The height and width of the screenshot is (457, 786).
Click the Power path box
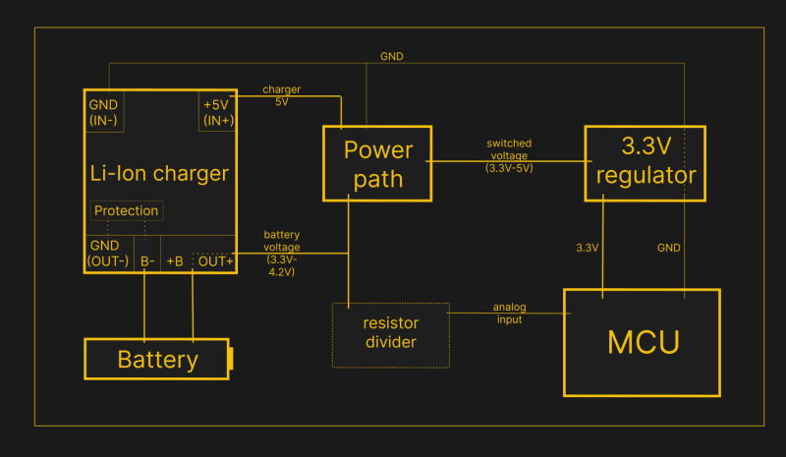(x=377, y=162)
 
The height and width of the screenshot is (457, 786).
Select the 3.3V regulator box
(x=645, y=162)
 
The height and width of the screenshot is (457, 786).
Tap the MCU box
(x=642, y=342)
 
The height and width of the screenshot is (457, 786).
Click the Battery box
(x=156, y=359)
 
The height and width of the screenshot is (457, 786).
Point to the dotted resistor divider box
(x=391, y=334)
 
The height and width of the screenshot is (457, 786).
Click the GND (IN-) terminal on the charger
(x=103, y=112)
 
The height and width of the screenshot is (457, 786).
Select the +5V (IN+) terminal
(x=218, y=112)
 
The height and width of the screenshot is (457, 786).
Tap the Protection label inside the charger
(x=126, y=210)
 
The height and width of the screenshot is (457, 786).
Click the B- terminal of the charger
(x=146, y=261)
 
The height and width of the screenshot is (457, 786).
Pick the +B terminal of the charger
(x=176, y=261)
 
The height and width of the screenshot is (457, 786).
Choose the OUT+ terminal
(x=215, y=261)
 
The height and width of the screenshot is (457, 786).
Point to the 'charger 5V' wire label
(x=281, y=95)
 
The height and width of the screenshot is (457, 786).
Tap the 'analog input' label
(x=508, y=313)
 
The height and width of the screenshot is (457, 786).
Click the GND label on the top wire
(x=391, y=56)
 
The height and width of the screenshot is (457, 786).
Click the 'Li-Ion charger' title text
(x=158, y=174)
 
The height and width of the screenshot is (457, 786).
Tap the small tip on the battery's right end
(x=231, y=359)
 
